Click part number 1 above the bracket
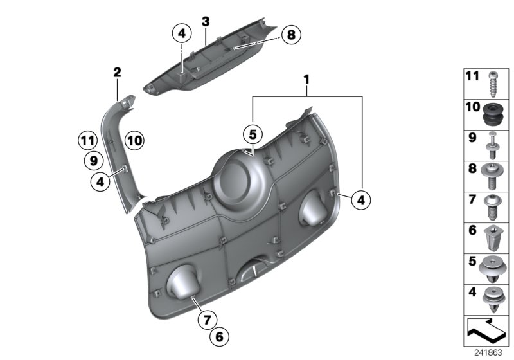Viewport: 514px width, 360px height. tap(306, 80)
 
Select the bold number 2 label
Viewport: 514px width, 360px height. tap(117, 73)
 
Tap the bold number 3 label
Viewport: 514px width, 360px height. tap(206, 21)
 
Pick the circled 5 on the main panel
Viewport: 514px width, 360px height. tap(253, 134)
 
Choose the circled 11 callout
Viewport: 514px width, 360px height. tap(87, 138)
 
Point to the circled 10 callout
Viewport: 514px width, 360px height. tap(134, 138)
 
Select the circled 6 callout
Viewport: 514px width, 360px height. tap(218, 336)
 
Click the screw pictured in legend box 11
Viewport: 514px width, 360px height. tap(492, 84)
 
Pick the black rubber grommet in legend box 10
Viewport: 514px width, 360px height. tap(493, 115)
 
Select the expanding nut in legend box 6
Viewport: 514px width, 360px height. tap(493, 238)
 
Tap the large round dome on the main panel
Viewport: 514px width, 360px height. tap(235, 177)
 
